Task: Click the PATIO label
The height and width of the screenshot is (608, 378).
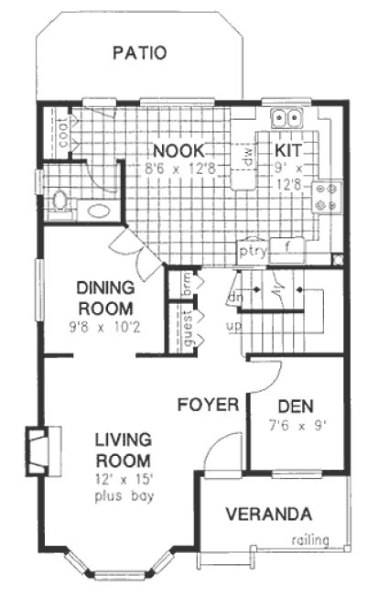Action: click(x=139, y=52)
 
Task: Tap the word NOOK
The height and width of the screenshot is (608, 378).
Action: click(x=178, y=150)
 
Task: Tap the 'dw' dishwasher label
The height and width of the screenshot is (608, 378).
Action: click(x=246, y=157)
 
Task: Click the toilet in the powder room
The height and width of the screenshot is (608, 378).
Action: click(x=61, y=200)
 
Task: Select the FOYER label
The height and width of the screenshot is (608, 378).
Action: click(x=208, y=404)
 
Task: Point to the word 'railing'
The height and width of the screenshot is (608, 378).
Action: click(x=309, y=540)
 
